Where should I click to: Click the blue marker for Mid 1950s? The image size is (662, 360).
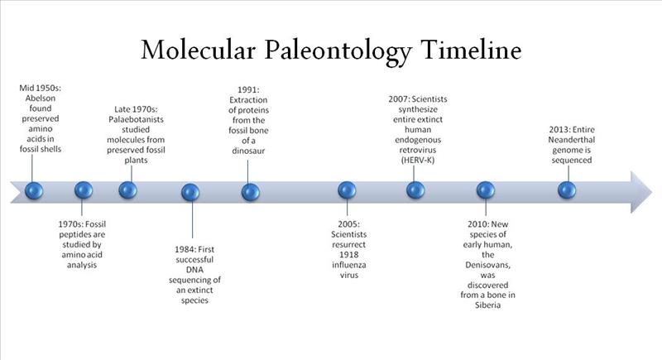coord(33,190)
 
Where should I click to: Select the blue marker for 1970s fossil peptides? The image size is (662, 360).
coord(84,190)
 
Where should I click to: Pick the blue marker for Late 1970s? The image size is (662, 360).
coord(127,190)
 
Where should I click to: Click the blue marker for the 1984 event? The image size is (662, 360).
coord(191,192)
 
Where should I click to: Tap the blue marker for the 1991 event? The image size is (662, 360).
coord(251,192)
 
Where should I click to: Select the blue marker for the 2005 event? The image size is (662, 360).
coord(347,191)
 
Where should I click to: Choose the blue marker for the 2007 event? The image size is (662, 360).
coord(415,190)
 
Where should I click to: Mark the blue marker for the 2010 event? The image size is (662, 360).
coord(485,191)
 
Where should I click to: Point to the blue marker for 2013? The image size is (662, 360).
coord(566,190)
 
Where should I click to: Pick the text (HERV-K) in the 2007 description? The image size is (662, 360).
coord(420,159)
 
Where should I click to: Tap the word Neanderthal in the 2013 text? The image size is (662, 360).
coord(572,139)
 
